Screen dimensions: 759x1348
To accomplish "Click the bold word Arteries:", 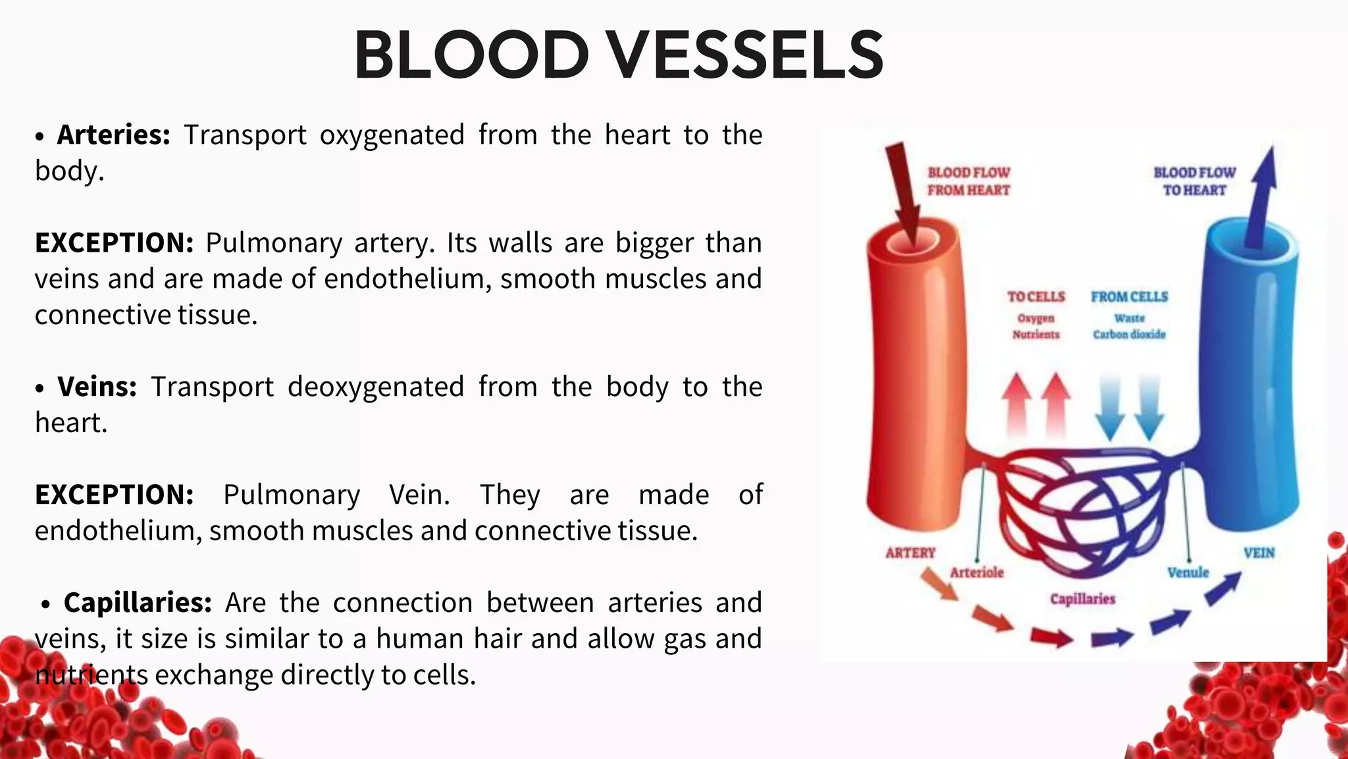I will pyautogui.click(x=113, y=135).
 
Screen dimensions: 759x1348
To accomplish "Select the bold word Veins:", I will pyautogui.click(x=97, y=387).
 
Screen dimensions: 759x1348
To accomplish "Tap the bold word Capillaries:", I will pyautogui.click(x=137, y=603).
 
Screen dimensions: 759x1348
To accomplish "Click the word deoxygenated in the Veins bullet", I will pyautogui.click(x=376, y=387).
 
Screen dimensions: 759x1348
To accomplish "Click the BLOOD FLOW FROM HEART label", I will pyautogui.click(x=968, y=181).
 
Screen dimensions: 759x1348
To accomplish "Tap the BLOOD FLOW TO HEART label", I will pyautogui.click(x=1194, y=181).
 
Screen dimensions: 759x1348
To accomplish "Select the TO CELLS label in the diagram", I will pyautogui.click(x=1035, y=297).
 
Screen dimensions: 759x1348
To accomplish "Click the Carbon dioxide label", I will pyautogui.click(x=1129, y=335).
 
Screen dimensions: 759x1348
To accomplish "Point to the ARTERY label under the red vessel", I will pyautogui.click(x=910, y=553).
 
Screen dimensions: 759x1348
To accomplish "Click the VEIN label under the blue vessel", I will pyautogui.click(x=1258, y=553).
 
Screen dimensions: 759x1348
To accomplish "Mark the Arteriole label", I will pyautogui.click(x=977, y=573).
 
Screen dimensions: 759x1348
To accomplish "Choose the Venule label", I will pyautogui.click(x=1188, y=573).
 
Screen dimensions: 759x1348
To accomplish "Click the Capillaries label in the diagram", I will pyautogui.click(x=1082, y=599).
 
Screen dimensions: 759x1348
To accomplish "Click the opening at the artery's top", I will pyautogui.click(x=912, y=242).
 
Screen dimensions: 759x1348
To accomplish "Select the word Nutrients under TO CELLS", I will pyautogui.click(x=1035, y=335).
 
